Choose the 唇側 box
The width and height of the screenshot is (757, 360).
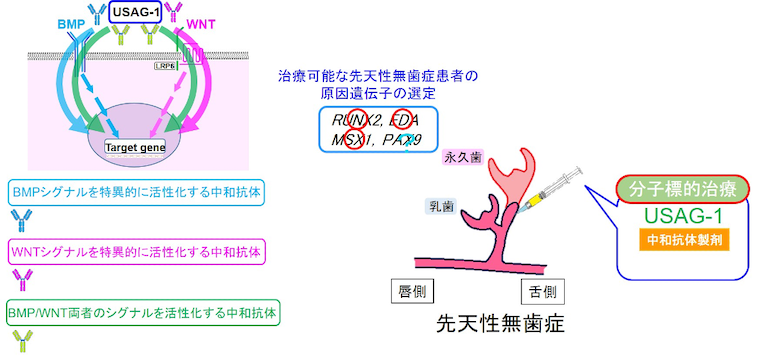tap(413, 292)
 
